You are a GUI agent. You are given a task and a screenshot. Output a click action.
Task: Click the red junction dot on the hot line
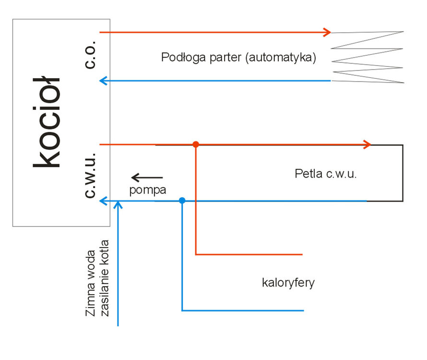(x=196, y=144)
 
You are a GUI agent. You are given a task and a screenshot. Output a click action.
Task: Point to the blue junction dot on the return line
(x=182, y=201)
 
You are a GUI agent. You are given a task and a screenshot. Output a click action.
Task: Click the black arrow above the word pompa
(x=147, y=178)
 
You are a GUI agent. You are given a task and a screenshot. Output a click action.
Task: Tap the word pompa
(x=148, y=190)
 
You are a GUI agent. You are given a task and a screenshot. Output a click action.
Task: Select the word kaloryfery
(x=288, y=282)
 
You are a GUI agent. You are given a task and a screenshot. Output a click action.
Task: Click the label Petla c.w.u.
(x=326, y=174)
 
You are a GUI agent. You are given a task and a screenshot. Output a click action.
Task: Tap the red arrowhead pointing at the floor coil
(x=327, y=32)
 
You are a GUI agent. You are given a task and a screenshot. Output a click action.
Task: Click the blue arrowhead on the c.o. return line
(x=103, y=81)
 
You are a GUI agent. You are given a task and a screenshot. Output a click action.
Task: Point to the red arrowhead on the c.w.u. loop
(x=367, y=144)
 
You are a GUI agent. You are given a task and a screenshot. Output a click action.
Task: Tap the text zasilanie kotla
(x=105, y=278)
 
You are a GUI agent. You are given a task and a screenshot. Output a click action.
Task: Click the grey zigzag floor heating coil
(x=368, y=57)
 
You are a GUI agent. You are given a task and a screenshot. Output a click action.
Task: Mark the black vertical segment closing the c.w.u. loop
(x=403, y=173)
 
